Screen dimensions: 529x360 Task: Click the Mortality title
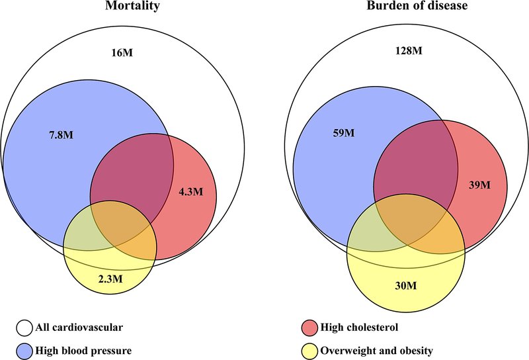pyautogui.click(x=133, y=6)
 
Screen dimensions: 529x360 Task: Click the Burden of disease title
pyautogui.click(x=417, y=5)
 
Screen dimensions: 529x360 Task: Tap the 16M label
pyautogui.click(x=122, y=53)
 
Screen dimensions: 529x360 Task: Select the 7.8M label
pyautogui.click(x=61, y=135)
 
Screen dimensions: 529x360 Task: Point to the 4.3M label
pyautogui.click(x=191, y=192)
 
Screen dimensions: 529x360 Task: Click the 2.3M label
pyautogui.click(x=110, y=279)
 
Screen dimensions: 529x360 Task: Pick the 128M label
pyautogui.click(x=409, y=51)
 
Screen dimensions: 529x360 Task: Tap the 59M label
pyautogui.click(x=344, y=133)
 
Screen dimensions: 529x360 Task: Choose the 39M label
pyautogui.click(x=480, y=185)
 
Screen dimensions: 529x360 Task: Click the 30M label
pyautogui.click(x=406, y=286)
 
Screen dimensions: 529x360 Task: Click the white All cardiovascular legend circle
pyautogui.click(x=24, y=328)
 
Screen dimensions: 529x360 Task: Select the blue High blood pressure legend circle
pyautogui.click(x=24, y=351)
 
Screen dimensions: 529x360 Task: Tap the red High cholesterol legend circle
pyautogui.click(x=309, y=328)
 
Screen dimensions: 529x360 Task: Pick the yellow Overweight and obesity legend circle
pyautogui.click(x=309, y=351)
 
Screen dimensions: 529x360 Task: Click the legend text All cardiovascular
pyautogui.click(x=79, y=327)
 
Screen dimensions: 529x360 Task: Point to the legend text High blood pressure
pyautogui.click(x=84, y=351)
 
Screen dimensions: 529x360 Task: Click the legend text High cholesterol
pyautogui.click(x=359, y=327)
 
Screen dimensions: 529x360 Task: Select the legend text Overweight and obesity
pyautogui.click(x=376, y=351)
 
